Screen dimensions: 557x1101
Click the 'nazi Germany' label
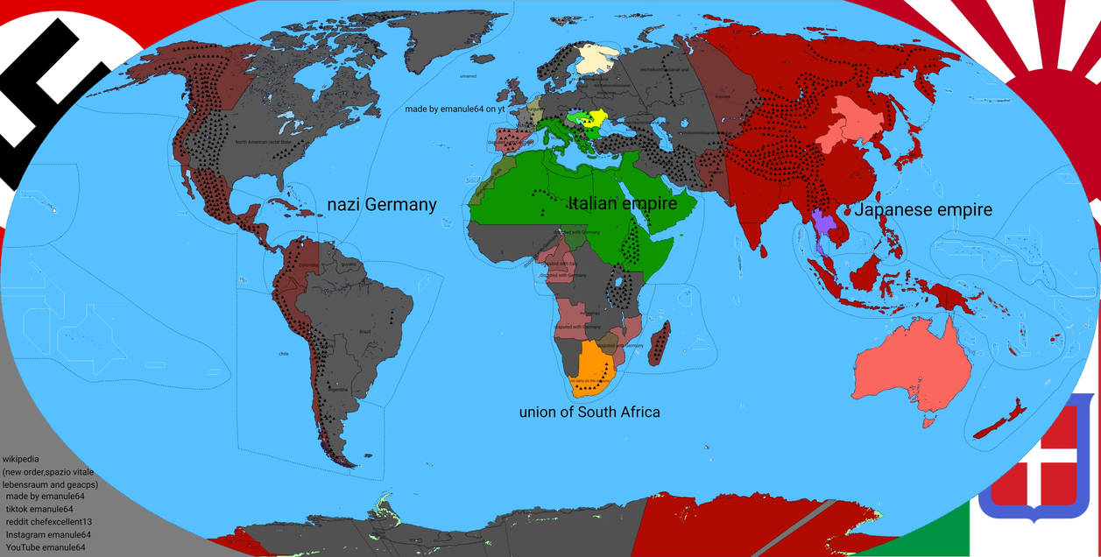(381, 205)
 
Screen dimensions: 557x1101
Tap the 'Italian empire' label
(623, 204)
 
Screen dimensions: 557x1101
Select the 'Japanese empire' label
(923, 210)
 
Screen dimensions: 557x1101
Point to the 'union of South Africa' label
(589, 412)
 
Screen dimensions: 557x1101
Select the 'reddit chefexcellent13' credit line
(49, 522)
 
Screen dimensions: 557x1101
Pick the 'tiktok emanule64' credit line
(39, 510)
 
